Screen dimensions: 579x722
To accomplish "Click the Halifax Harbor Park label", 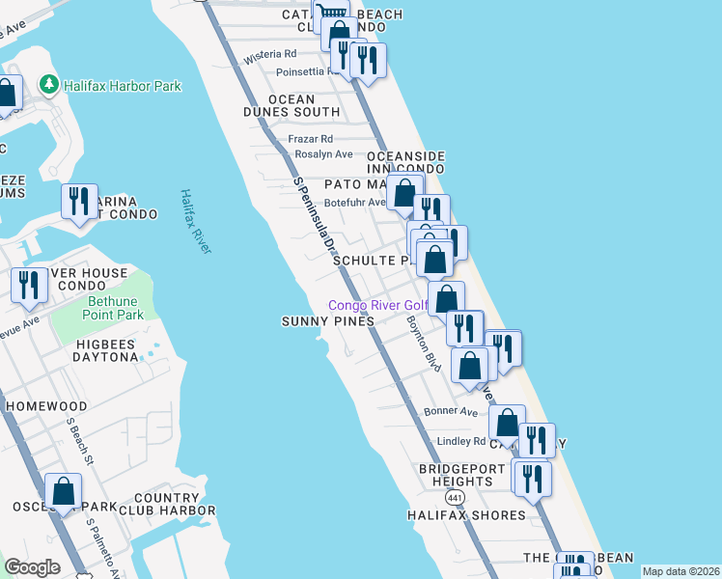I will pos(123,86).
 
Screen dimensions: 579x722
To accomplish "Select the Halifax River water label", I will pos(195,222).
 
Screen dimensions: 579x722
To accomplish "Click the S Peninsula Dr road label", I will pos(319,222).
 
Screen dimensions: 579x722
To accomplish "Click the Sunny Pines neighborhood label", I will pos(327,321).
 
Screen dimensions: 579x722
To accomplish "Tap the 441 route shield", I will pos(455,496).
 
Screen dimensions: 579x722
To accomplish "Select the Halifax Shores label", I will pos(466,515).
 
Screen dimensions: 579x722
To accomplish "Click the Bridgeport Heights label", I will pos(462,475).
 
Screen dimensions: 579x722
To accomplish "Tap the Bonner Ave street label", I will pos(451,412).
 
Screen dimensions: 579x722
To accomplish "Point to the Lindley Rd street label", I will pos(461,441).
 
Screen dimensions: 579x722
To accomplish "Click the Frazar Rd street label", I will pos(311,139).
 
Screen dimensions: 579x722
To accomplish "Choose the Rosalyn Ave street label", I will pos(323,154).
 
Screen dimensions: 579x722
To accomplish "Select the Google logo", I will pos(33,567).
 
